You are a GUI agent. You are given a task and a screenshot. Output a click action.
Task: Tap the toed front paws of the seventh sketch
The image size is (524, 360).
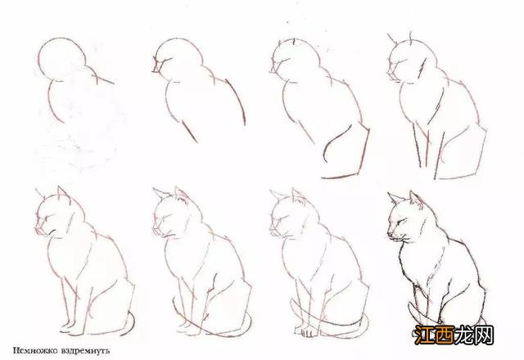click(x=307, y=332)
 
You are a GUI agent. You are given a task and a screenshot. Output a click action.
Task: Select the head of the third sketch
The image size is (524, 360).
click(x=290, y=61)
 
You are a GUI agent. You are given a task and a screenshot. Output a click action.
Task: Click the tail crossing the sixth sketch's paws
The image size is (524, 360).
click(x=205, y=327)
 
